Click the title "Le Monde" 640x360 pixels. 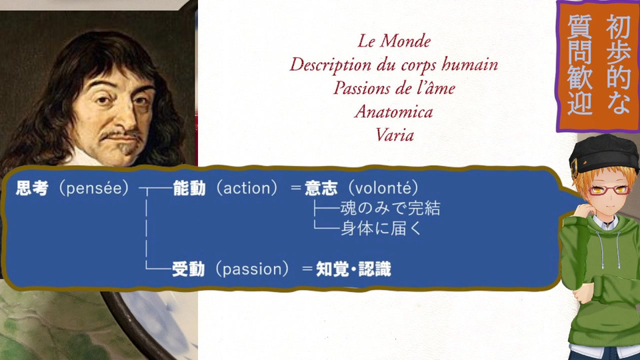(394, 41)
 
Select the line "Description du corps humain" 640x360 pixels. (394, 65)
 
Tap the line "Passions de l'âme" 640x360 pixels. (394, 88)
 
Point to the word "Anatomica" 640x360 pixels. (394, 112)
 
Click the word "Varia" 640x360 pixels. (394, 135)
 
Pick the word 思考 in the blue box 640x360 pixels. (32, 188)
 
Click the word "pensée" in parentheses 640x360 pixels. (94, 188)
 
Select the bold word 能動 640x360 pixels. (189, 188)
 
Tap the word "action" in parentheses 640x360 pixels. (247, 188)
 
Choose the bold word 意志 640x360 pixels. (321, 188)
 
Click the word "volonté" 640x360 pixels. (383, 188)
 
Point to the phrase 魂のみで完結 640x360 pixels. (390, 208)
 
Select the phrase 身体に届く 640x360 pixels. (381, 229)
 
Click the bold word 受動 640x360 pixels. (188, 269)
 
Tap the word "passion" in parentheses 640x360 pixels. (253, 269)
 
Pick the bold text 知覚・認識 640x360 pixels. (354, 269)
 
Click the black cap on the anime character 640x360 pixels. (603, 153)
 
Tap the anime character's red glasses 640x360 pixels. (607, 190)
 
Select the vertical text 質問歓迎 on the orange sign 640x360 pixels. (580, 65)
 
